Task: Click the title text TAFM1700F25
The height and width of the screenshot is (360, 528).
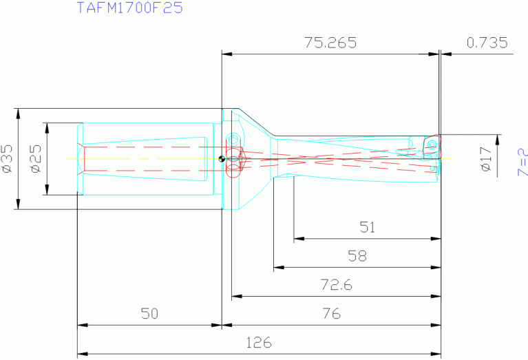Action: click(129, 9)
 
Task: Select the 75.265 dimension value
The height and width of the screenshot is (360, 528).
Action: click(330, 43)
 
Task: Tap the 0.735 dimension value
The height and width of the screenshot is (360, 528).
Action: click(487, 43)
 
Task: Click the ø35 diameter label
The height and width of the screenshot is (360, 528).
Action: click(8, 158)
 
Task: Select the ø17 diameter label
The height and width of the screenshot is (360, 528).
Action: click(486, 159)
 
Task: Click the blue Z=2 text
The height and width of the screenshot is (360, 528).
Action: click(521, 159)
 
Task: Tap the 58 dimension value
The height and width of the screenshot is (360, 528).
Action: click(357, 257)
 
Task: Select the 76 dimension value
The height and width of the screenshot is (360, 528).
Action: click(332, 314)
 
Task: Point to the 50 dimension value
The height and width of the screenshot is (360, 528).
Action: click(149, 314)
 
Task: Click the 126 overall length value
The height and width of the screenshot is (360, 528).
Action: click(259, 343)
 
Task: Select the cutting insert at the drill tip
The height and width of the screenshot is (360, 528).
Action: click(432, 145)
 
